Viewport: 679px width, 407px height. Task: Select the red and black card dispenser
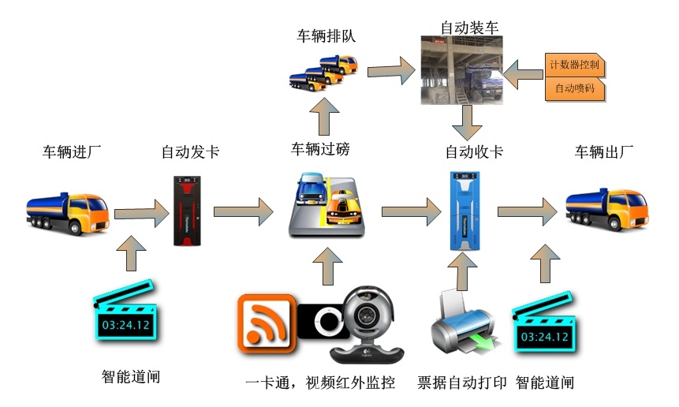pos(191,208)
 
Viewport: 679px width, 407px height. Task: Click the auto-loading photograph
pos(462,72)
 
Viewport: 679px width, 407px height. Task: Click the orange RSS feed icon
pos(267,323)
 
